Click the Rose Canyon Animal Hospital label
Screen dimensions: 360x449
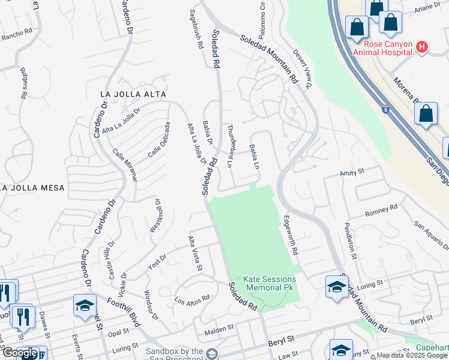tap(384, 47)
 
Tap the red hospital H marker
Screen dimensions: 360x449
tap(422, 47)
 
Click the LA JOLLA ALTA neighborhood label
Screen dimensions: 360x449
tap(133, 94)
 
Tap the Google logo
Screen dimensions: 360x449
tap(19, 353)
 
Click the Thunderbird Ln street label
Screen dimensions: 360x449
tap(230, 146)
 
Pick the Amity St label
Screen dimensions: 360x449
tap(352, 172)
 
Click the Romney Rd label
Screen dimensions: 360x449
tap(382, 210)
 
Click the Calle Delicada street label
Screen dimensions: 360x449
tap(159, 140)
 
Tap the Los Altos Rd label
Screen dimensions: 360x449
tap(192, 298)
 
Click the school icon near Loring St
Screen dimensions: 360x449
tap(337, 287)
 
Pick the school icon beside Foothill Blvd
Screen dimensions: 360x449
tap(85, 305)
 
